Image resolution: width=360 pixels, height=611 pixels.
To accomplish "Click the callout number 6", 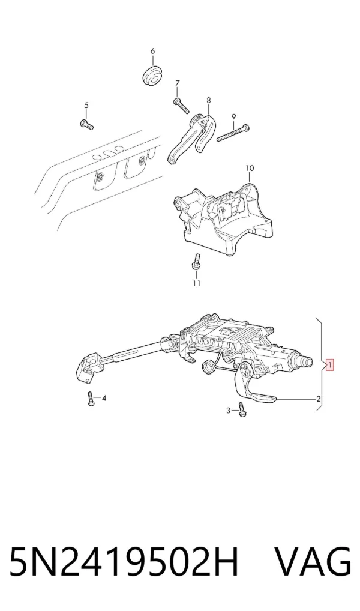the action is click(153, 51).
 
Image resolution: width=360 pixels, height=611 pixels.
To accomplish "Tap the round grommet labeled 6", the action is click(152, 77).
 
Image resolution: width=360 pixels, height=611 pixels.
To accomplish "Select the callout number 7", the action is click(177, 83).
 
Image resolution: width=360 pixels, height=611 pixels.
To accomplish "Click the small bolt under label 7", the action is click(181, 106).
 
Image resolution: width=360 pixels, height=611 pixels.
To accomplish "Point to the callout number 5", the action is click(86, 105).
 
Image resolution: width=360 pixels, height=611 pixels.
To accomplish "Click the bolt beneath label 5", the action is click(87, 125).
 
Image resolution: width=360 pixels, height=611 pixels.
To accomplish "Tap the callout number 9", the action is click(234, 116).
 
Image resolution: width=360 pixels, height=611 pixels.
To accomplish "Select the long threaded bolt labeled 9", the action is click(233, 133).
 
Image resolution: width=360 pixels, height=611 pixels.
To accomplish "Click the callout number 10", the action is click(250, 168).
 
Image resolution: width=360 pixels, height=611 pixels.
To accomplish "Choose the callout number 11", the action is click(196, 283).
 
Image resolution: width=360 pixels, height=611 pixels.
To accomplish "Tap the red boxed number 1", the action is click(329, 366).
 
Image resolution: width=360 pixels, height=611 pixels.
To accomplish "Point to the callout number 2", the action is click(319, 399).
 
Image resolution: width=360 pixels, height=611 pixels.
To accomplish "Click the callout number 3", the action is click(229, 410).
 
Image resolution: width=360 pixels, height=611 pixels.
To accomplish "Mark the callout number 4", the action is click(104, 399).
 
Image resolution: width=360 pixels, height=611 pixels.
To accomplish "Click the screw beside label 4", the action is click(91, 399).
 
